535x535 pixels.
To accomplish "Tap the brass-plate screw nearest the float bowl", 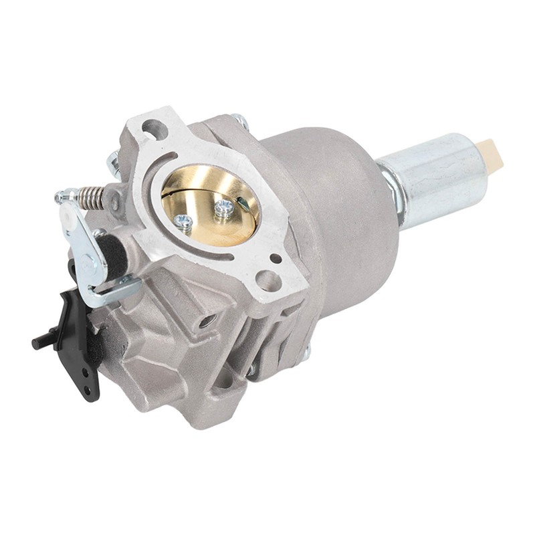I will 224,208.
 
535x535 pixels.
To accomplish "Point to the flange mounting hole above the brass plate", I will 154,128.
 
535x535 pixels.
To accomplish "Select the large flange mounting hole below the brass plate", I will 269,281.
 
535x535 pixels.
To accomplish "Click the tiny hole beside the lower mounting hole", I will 274,258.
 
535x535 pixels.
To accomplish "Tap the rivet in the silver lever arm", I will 88,258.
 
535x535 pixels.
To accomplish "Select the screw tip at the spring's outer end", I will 62,197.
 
